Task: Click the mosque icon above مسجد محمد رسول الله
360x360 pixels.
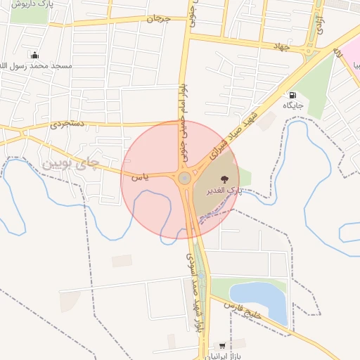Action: [34, 55]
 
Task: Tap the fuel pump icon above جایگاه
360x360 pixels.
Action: [292, 95]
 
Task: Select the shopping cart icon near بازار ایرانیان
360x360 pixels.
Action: [223, 346]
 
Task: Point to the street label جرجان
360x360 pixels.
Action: [158, 18]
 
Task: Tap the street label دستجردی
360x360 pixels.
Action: [67, 124]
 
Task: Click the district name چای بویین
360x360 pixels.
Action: [72, 164]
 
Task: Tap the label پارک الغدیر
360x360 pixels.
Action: [224, 191]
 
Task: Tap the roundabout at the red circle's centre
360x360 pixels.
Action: [184, 179]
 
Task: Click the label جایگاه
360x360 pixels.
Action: [292, 105]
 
